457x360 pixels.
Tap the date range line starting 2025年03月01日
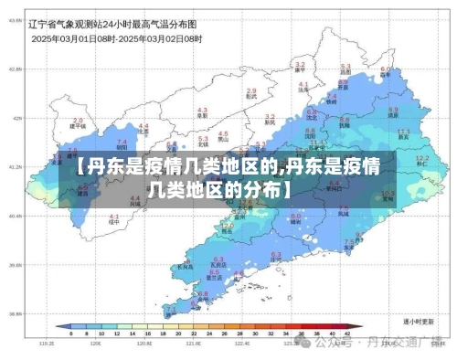(117, 39)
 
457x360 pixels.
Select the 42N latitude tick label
(16, 118)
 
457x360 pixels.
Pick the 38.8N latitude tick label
(16, 313)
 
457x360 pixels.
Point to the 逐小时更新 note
(417, 323)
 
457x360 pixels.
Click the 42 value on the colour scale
(348, 335)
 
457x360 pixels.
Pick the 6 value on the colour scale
(58, 335)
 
